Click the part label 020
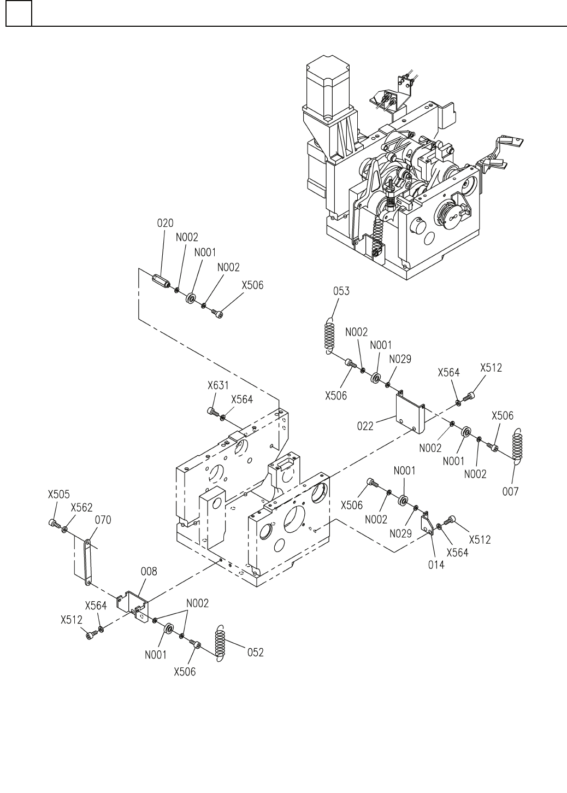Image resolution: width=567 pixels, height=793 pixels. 166,223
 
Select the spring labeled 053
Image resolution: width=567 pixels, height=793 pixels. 329,336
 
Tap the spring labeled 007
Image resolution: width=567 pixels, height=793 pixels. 517,446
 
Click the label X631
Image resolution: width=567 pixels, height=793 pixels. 218,385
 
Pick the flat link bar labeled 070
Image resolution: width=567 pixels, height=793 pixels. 87,562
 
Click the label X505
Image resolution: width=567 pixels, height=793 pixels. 59,494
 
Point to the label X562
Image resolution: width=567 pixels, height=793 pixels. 81,508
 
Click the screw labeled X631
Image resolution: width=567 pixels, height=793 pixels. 213,412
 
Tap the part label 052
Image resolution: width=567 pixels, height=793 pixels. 255,653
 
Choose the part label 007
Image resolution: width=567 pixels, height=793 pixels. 510,491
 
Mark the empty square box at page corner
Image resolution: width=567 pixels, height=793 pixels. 19,13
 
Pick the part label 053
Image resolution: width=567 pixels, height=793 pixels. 341,291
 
